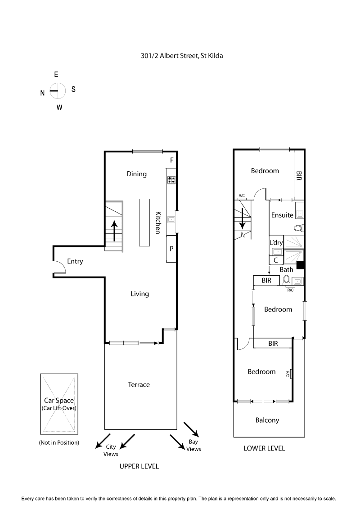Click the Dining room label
tap(136, 174)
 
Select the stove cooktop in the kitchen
tap(171, 180)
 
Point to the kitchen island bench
tap(144, 222)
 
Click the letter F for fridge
tap(171, 160)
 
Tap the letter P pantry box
tap(171, 249)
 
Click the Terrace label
tap(139, 384)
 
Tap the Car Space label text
tap(58, 400)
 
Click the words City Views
tap(111, 450)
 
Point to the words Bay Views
tap(193, 446)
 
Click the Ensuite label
tap(282, 215)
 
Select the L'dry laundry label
tap(276, 243)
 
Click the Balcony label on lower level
tap(267, 420)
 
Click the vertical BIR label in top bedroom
tap(299, 175)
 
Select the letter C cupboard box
tap(275, 259)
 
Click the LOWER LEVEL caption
tap(264, 448)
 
